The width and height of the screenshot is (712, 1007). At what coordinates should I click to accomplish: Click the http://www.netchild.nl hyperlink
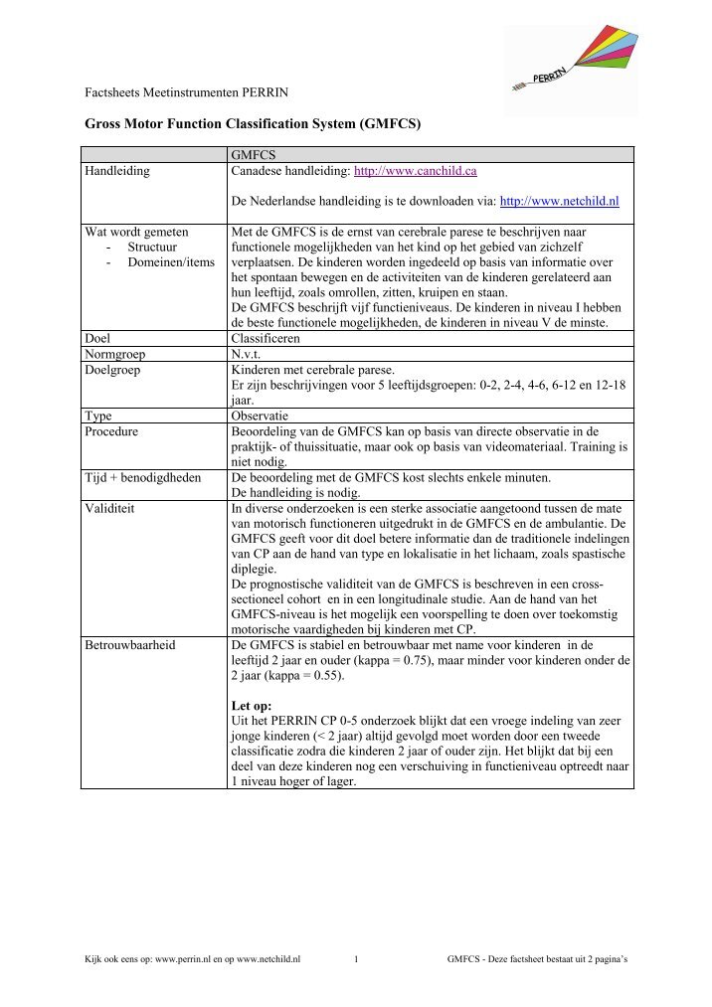pos(559,201)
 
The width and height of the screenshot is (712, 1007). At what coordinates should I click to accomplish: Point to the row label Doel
pos(98,338)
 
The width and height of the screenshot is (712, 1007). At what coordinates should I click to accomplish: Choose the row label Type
pos(98,417)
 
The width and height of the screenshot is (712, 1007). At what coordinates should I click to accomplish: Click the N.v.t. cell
pos(250,354)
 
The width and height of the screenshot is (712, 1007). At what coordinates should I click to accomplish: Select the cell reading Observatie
pos(263,417)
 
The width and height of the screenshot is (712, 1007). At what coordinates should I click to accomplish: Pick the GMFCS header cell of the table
pos(253,154)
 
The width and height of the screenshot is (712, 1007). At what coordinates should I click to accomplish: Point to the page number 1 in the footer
pos(356,959)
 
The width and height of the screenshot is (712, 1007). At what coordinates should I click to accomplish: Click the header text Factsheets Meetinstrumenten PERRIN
pos(186,92)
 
